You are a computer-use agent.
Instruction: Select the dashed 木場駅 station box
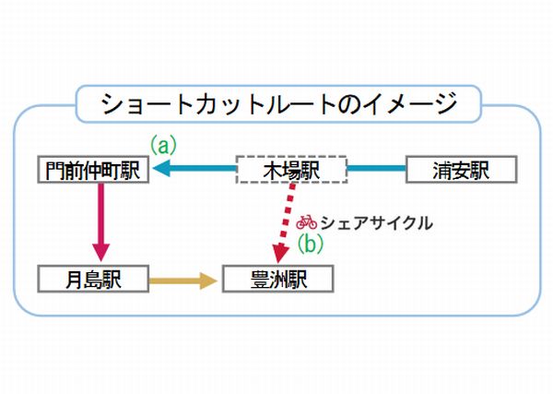coord(291,171)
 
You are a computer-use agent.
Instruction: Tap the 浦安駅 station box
coord(461,171)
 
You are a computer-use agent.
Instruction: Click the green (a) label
coord(163,145)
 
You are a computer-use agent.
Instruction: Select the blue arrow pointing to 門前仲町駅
coord(198,170)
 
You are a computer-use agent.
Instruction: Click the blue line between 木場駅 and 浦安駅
coord(375,170)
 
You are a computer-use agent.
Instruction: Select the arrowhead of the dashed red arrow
coord(276,253)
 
